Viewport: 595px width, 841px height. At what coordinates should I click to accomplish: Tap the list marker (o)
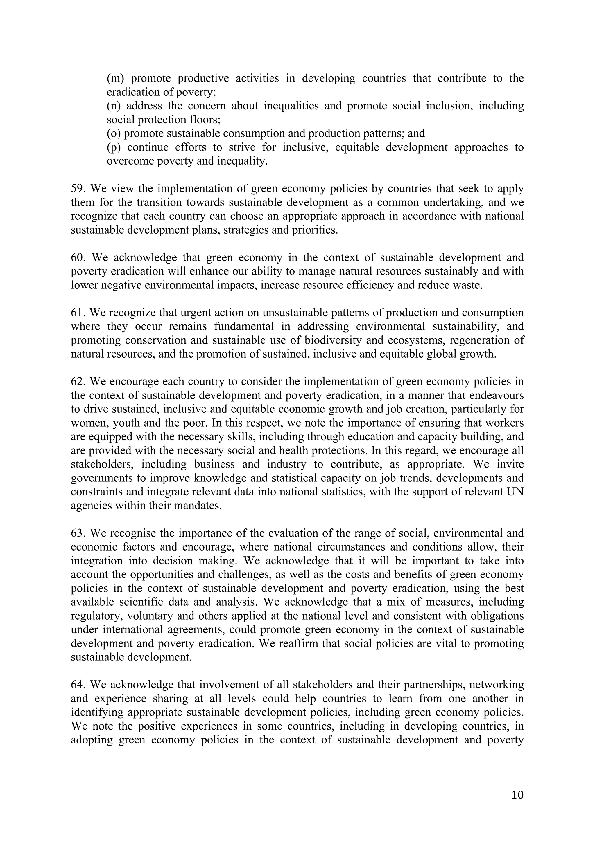point(114,133)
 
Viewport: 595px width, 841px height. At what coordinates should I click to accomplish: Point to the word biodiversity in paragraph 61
point(334,340)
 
